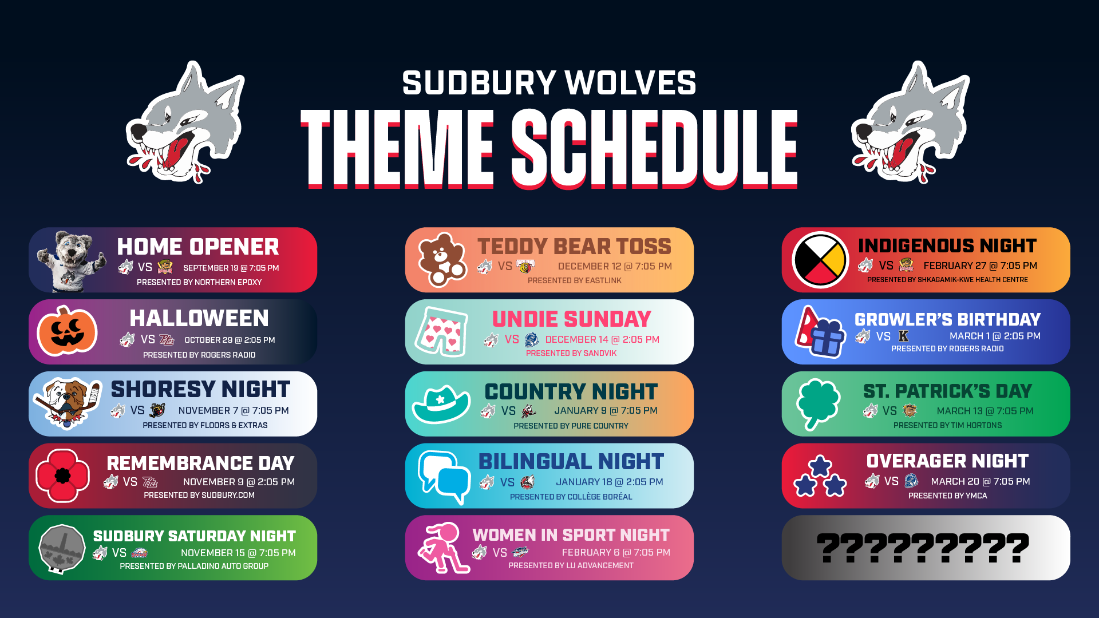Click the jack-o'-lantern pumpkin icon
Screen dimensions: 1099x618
(x=67, y=331)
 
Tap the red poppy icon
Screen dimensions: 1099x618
(x=62, y=476)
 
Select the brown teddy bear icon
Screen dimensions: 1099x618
(x=442, y=260)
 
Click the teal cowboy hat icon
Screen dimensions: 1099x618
(x=441, y=404)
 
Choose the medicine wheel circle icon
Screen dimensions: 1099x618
(x=820, y=260)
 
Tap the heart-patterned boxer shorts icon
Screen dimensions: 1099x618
(x=441, y=332)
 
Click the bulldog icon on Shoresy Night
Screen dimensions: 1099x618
(x=68, y=403)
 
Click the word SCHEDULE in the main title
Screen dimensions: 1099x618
(x=655, y=148)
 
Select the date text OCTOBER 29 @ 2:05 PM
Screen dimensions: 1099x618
(x=230, y=340)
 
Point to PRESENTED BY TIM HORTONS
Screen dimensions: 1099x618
(x=947, y=425)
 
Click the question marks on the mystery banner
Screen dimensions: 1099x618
(x=923, y=548)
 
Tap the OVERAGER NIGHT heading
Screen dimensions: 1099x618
(x=947, y=461)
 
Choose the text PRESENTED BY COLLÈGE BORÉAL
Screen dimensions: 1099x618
(x=571, y=497)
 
